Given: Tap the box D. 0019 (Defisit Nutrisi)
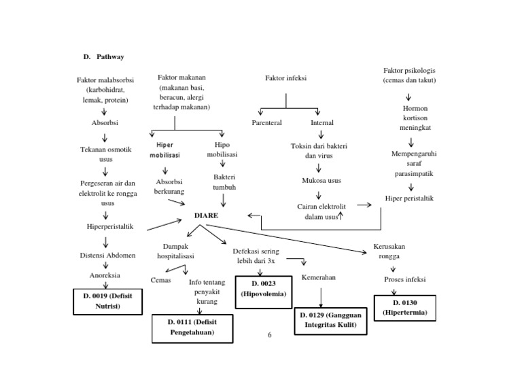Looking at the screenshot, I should pyautogui.click(x=107, y=301).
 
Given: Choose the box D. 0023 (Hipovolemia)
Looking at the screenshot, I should pyautogui.click(x=264, y=288).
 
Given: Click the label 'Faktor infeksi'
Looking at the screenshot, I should pyautogui.click(x=285, y=78).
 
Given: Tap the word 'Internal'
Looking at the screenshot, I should pyautogui.click(x=321, y=123).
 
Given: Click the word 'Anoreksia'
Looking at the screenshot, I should pyautogui.click(x=105, y=275).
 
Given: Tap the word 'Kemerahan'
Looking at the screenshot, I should pyautogui.click(x=319, y=277).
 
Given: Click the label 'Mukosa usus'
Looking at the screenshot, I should pyautogui.click(x=321, y=180).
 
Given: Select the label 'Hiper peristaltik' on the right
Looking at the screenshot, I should pyautogui.click(x=410, y=198).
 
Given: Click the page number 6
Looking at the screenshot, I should pyautogui.click(x=269, y=334).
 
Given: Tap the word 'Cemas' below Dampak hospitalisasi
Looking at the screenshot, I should pyautogui.click(x=160, y=279).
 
